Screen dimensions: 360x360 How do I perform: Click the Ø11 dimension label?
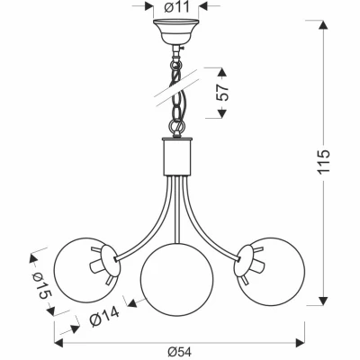(x=176, y=7)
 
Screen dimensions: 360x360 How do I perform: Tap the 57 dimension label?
(x=222, y=93)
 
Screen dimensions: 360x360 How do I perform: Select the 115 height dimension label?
(x=324, y=161)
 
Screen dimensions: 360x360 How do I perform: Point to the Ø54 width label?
(x=179, y=351)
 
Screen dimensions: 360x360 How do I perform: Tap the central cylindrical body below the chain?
(x=177, y=157)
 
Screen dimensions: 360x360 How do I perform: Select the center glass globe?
(x=177, y=280)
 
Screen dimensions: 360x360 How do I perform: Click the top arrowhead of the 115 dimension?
(x=323, y=24)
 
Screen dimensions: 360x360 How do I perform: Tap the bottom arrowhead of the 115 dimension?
(x=323, y=301)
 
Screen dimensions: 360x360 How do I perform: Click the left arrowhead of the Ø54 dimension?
(x=58, y=343)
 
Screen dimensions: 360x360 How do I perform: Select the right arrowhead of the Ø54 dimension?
(x=301, y=342)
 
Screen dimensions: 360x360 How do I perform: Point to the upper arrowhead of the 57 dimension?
(x=221, y=73)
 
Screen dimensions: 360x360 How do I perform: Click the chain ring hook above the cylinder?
(x=176, y=125)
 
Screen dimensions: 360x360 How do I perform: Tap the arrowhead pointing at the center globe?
(x=132, y=303)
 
